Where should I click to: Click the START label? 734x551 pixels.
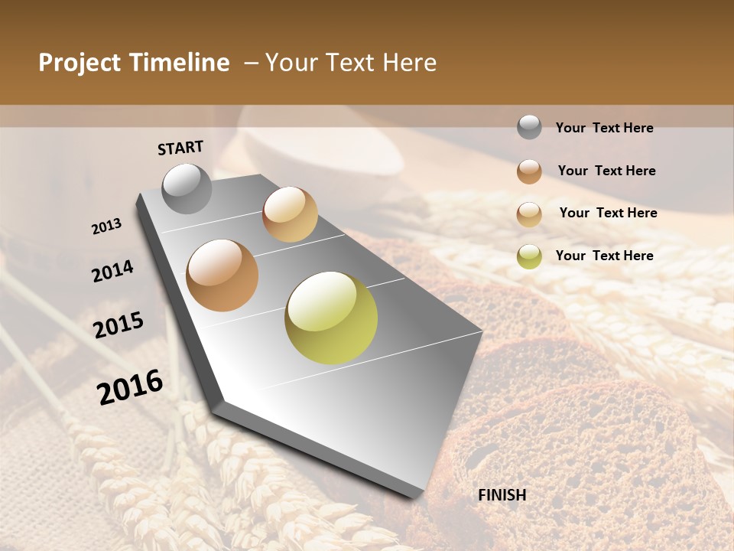(x=180, y=148)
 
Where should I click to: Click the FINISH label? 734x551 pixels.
(x=502, y=495)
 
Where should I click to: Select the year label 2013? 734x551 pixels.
(x=107, y=227)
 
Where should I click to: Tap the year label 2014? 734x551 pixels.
(x=112, y=271)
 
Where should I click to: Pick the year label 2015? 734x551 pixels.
(x=119, y=325)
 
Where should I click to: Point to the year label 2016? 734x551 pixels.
(x=130, y=387)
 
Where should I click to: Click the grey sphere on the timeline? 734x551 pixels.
(x=187, y=188)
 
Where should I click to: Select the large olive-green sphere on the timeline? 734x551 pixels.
(x=331, y=318)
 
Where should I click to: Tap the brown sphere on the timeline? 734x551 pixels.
(x=222, y=275)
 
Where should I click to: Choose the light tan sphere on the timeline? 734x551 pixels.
(x=290, y=214)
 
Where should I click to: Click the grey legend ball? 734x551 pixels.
(x=529, y=128)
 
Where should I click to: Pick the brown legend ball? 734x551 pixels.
(x=529, y=171)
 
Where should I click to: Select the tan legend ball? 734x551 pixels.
(x=529, y=214)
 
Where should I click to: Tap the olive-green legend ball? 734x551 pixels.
(x=529, y=256)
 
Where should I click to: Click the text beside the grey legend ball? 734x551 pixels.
(x=604, y=129)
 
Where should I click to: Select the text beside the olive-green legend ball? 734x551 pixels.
(x=604, y=256)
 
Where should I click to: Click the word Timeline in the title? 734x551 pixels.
(x=180, y=63)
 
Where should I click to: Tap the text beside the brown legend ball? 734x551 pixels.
(x=606, y=171)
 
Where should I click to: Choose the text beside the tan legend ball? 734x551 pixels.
(x=608, y=213)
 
